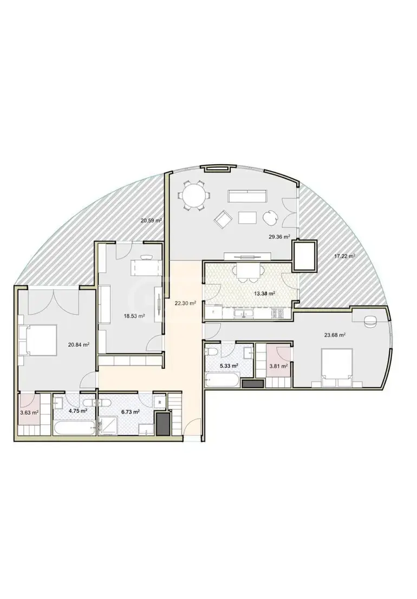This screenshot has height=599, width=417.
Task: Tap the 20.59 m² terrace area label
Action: coord(151,220)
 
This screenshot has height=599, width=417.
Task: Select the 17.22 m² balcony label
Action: coord(345,256)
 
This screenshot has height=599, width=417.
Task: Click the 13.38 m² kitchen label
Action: coord(265,294)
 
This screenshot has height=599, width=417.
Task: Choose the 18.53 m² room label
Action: coord(134,316)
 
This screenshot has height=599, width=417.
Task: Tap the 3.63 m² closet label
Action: coord(29,413)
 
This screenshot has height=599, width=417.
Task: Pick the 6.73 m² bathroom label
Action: coord(130,412)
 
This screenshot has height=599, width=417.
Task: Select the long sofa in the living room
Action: coord(247,196)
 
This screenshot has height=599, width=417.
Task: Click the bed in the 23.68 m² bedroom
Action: coord(337,368)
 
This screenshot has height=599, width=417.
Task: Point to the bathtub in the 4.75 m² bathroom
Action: coord(75,428)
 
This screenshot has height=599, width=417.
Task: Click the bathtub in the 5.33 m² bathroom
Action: coord(223,380)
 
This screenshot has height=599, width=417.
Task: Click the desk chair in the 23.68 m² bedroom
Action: coord(370,321)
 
